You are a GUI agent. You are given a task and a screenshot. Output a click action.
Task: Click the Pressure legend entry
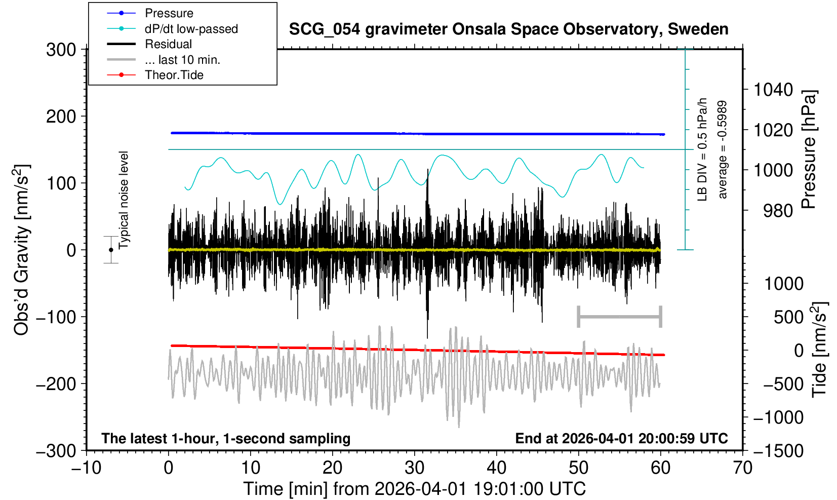[x=169, y=13]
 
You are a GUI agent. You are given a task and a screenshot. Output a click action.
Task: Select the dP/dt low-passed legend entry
[x=191, y=29]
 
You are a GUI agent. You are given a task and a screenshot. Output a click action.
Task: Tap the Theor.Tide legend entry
[x=174, y=75]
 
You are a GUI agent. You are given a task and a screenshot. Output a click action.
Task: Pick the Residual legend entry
[x=168, y=44]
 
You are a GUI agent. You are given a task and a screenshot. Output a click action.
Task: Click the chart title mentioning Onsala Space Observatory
[x=508, y=29]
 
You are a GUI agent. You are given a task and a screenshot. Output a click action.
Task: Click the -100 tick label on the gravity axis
[x=57, y=317]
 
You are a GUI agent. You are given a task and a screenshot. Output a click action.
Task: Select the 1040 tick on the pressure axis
[x=773, y=90]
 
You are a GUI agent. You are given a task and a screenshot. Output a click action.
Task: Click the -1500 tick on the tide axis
[x=778, y=450]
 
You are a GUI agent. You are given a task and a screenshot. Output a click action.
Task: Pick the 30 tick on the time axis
[x=415, y=468]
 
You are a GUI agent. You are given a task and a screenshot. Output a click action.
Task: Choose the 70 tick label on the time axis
[x=742, y=468]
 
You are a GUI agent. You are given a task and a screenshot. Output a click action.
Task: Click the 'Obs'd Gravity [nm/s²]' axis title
[x=22, y=250]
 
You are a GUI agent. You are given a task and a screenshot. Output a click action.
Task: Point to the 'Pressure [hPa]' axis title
[x=809, y=149]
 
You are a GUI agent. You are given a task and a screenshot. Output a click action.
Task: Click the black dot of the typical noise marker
[x=111, y=250]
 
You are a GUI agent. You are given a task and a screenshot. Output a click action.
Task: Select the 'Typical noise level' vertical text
[x=124, y=200]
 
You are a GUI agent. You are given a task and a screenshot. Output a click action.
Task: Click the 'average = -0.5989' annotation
[x=723, y=149]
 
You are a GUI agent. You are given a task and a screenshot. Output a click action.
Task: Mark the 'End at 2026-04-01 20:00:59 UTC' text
[x=621, y=438]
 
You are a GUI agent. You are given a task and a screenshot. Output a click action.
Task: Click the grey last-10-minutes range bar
[x=619, y=317]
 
